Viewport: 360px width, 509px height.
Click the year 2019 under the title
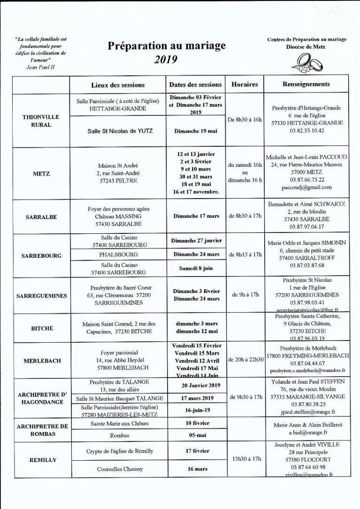166,59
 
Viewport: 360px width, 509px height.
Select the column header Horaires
245,85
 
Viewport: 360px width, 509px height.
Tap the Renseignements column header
306,85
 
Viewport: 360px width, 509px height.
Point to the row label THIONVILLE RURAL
41,121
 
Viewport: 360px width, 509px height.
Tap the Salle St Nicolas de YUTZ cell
118,131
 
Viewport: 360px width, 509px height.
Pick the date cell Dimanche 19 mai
196,131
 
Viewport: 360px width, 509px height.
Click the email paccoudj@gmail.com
306,187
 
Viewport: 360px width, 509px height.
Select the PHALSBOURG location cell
118,254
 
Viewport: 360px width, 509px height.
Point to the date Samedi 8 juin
196,269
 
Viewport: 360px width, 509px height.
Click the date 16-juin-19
196,409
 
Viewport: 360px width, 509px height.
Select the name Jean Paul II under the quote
40,67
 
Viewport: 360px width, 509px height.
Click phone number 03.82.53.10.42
306,131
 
